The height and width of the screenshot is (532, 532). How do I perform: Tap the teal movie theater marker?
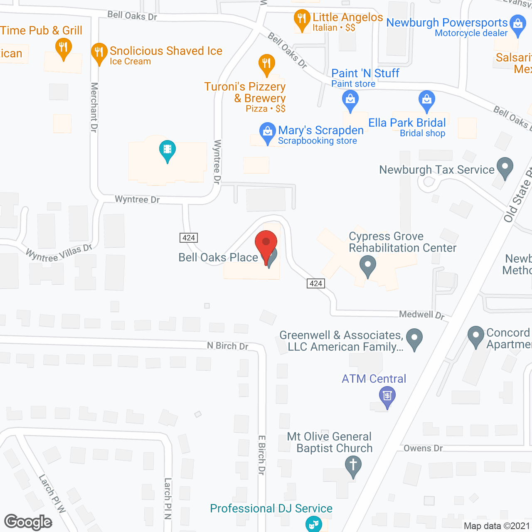click(x=167, y=150)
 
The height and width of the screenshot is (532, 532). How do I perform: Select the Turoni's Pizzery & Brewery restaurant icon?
click(x=267, y=64)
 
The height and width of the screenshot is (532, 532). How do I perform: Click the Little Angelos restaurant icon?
click(x=302, y=19)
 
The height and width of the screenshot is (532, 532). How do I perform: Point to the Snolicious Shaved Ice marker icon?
click(x=99, y=52)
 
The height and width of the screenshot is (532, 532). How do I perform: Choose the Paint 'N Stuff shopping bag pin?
click(x=350, y=100)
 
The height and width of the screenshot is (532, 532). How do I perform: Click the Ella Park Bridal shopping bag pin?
click(x=427, y=100)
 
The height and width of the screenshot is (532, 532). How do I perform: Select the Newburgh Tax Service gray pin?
click(x=505, y=167)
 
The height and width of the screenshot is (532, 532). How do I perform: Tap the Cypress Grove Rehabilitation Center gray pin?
click(x=367, y=265)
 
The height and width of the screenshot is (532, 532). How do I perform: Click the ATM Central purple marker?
click(x=387, y=396)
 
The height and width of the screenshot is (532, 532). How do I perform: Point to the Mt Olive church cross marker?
click(x=353, y=464)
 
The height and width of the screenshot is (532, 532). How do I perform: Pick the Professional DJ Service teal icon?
click(x=313, y=523)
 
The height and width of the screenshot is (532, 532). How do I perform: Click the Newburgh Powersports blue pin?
click(x=518, y=24)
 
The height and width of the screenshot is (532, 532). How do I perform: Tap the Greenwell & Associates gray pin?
click(x=414, y=338)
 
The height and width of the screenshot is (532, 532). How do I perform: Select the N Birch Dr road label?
click(x=228, y=345)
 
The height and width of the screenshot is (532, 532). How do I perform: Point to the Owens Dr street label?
click(x=423, y=448)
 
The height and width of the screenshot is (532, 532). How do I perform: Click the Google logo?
click(x=28, y=522)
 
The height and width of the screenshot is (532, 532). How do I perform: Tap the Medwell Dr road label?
click(x=421, y=315)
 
